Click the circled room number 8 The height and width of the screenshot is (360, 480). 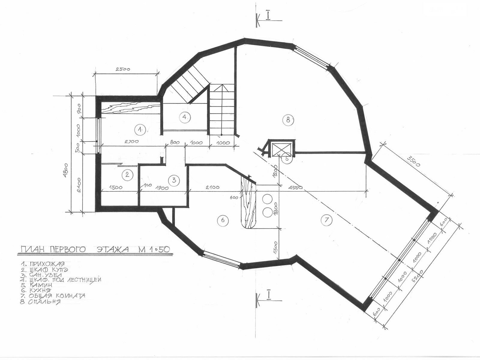288,120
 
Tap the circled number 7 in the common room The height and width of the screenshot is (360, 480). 326,220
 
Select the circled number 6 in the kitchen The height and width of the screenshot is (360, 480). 223,220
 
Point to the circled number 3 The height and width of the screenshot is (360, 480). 174,180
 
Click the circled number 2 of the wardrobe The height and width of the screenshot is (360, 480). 127,175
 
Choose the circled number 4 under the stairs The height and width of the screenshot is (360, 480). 185,117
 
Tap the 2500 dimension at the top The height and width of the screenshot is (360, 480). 123,69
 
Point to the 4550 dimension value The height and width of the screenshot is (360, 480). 295,187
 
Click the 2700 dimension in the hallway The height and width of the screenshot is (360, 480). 132,142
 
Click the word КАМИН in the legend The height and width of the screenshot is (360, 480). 41,285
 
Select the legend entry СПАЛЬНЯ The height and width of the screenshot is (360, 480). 44,302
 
